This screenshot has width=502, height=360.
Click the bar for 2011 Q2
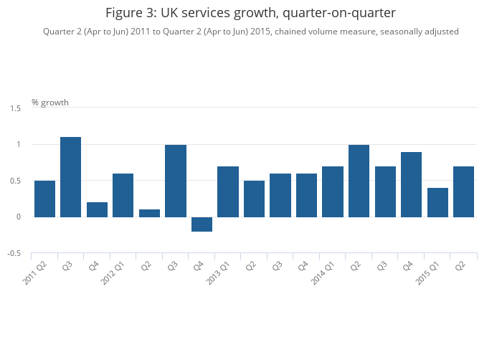click(x=44, y=199)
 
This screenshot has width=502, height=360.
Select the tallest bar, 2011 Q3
click(x=70, y=177)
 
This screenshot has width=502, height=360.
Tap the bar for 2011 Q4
click(x=97, y=209)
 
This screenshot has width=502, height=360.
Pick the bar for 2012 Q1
click(x=123, y=195)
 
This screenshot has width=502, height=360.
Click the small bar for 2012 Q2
click(x=149, y=213)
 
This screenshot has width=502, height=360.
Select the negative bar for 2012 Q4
click(x=202, y=224)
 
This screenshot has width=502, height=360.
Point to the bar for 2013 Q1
click(x=228, y=191)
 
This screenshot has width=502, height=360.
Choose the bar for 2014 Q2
click(x=359, y=181)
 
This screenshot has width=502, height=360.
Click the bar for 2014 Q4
click(x=411, y=184)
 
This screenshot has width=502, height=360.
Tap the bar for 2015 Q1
click(x=437, y=202)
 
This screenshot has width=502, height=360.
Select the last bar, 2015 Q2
click(x=463, y=191)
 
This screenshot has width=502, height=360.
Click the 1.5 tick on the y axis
click(x=15, y=108)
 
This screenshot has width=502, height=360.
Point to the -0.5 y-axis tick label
click(x=14, y=254)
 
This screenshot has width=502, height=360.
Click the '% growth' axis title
click(x=50, y=103)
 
